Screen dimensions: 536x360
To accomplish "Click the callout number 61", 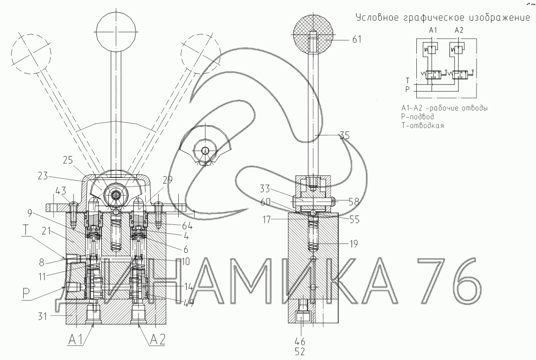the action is point(357,39).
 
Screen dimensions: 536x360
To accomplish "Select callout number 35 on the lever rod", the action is point(344,136).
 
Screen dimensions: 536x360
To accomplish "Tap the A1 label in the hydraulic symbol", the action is point(433,30).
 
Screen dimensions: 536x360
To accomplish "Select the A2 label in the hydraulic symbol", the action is point(459,30).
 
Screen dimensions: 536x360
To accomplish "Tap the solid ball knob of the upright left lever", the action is point(116,32).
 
